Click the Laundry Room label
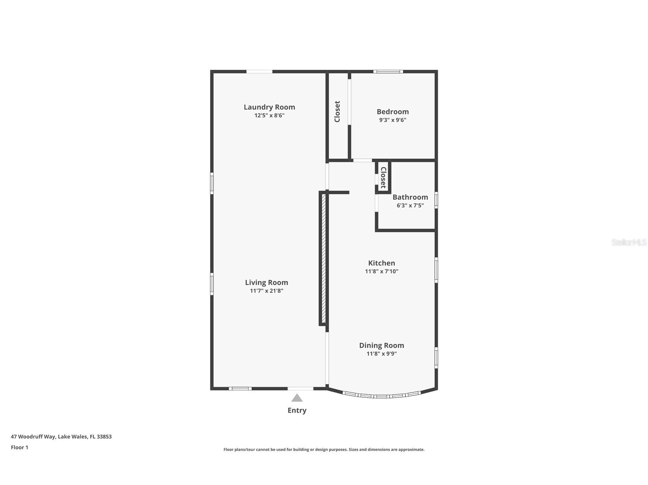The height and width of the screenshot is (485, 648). [269, 107]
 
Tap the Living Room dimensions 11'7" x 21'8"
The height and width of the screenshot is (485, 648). [267, 291]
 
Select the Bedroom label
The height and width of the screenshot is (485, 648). [393, 112]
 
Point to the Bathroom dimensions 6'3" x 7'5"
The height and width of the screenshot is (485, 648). [410, 206]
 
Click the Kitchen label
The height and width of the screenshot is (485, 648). [381, 263]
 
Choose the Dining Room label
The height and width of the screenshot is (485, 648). [381, 345]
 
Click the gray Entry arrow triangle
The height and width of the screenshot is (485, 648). [297, 398]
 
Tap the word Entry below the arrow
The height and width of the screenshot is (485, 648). [297, 411]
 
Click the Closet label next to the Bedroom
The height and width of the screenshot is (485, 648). [337, 112]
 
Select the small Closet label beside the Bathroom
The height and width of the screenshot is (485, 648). [383, 177]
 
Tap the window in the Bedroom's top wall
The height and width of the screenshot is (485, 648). [388, 71]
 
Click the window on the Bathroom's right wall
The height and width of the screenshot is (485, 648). [436, 200]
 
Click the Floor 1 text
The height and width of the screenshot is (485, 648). [19, 448]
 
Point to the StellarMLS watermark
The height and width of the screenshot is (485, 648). [629, 242]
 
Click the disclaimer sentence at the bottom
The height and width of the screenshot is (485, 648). [324, 450]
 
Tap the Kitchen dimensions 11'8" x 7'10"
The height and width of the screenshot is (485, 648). [381, 271]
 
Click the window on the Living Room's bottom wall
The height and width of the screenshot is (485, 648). [240, 389]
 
